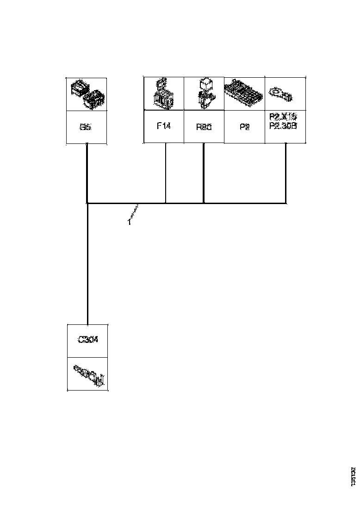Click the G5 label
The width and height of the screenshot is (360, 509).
87,127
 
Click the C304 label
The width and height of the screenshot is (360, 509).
87,340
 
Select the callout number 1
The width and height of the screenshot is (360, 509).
129,222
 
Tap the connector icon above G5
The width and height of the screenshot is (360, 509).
87,94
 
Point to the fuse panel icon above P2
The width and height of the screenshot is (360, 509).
244,93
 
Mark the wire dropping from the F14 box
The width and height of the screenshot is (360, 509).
166,174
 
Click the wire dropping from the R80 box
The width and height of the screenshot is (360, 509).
204,174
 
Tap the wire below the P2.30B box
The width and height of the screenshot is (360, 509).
286,174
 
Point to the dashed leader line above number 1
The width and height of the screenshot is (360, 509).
135,213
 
